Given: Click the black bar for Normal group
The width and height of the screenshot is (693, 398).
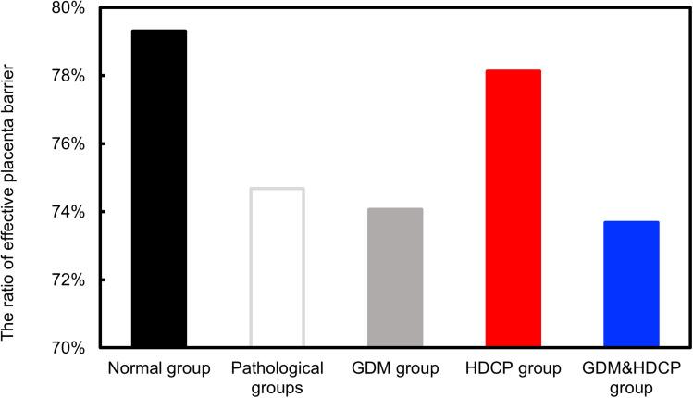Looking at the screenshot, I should [159, 189].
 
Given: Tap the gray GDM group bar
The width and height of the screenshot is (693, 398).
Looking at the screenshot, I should [395, 278].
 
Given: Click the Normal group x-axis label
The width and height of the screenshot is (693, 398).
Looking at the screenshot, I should [159, 369].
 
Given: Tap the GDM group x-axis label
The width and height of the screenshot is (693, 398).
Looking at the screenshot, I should [395, 369].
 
